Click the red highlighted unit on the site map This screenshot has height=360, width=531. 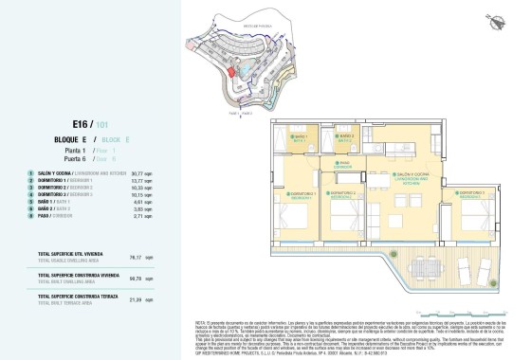pyautogui.click(x=231, y=68)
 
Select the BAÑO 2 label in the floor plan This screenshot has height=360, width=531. pyautogui.click(x=347, y=136)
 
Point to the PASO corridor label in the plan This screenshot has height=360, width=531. pyautogui.click(x=346, y=163)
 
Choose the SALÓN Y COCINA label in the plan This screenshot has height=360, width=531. pyautogui.click(x=410, y=177)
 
